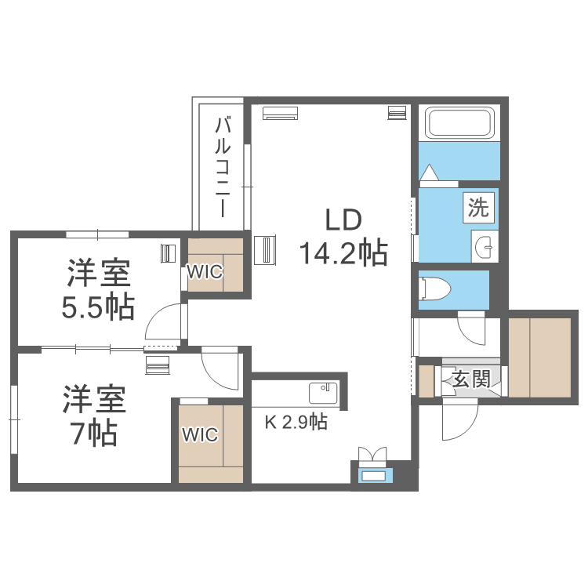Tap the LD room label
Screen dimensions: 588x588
343,220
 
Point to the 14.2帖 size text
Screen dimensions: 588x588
343,252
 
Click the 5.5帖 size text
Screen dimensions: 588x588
99,307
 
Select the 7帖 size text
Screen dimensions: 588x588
95,432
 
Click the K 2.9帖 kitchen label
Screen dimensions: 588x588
296,423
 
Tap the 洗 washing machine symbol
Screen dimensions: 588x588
478,208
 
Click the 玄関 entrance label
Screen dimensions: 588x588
471,380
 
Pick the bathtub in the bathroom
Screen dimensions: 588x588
459,123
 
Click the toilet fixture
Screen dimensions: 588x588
436,289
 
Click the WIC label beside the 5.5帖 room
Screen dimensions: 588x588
205,272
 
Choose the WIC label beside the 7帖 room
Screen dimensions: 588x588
199,435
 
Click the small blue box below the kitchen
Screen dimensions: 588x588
372,475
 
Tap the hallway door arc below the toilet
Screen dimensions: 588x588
474,328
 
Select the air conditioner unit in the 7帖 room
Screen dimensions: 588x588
158,365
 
